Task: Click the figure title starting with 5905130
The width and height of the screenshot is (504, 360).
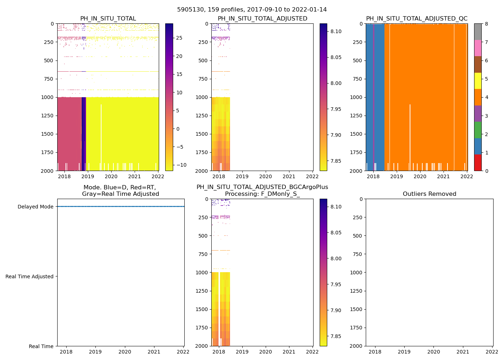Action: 252,10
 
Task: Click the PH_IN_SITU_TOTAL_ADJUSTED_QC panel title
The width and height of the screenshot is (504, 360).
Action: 417,19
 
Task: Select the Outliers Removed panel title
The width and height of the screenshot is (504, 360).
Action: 429,194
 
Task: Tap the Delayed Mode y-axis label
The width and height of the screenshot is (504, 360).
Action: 35,207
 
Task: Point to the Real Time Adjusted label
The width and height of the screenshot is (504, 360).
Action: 30,276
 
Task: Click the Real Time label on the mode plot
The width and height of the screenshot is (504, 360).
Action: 41,346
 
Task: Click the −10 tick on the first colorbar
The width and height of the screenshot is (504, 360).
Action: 179,165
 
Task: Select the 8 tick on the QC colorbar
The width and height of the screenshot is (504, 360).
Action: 486,24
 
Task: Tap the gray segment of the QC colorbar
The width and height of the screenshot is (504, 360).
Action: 478,32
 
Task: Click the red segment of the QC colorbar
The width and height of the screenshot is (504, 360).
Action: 478,162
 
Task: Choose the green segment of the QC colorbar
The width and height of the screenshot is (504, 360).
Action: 478,130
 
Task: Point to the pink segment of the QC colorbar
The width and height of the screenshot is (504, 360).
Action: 478,48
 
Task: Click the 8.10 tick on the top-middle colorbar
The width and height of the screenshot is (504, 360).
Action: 336,31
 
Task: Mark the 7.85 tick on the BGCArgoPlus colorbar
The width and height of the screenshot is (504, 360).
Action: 336,336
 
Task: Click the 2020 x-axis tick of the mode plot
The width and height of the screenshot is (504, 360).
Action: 125,352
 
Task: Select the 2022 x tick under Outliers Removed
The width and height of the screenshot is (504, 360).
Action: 492,352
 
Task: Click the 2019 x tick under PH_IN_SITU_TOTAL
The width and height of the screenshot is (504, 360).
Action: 87,176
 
